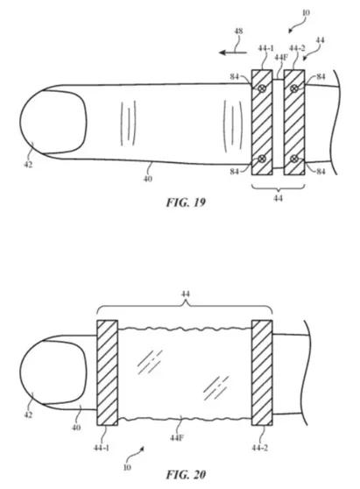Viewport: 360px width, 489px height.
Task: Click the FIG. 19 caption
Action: pos(186,202)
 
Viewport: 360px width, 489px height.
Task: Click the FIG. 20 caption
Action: pos(186,474)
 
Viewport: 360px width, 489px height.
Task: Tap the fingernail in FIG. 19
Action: pos(53,123)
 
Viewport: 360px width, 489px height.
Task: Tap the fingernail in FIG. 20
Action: pos(53,372)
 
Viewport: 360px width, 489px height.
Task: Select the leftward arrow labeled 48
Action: pos(233,53)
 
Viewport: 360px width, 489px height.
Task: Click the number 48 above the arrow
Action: pos(238,32)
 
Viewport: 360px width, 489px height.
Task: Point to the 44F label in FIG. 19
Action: pos(281,58)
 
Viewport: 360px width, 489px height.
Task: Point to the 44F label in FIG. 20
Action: pos(177,438)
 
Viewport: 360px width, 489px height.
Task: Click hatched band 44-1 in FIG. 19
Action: pos(262,123)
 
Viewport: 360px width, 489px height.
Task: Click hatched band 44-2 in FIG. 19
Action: pos(294,123)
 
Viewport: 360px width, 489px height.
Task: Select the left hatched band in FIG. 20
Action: pos(107,372)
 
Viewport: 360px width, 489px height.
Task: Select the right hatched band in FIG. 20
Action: pos(262,372)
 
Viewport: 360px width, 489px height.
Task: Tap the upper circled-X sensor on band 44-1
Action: pos(262,89)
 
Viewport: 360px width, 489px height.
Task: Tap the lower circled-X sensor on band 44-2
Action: pos(294,159)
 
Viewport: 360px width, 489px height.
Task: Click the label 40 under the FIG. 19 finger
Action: pos(148,179)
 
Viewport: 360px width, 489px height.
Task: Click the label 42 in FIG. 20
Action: pos(28,415)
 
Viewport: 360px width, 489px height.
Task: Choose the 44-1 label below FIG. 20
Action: pos(102,448)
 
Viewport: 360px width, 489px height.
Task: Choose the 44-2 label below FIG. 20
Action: pos(260,448)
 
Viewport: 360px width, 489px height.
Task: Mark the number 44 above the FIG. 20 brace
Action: pos(186,294)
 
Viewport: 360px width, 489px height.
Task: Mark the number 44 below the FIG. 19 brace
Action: pos(278,198)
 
